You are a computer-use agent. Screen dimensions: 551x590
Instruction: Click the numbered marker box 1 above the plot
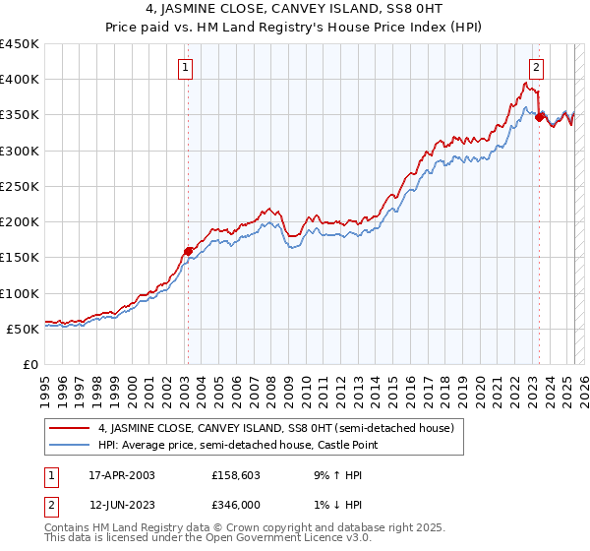tap(186, 68)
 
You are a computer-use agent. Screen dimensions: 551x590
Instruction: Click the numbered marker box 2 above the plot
tap(536, 68)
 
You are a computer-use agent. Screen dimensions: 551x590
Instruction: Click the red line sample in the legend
tap(69, 428)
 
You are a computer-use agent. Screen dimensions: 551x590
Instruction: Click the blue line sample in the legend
tap(69, 446)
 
